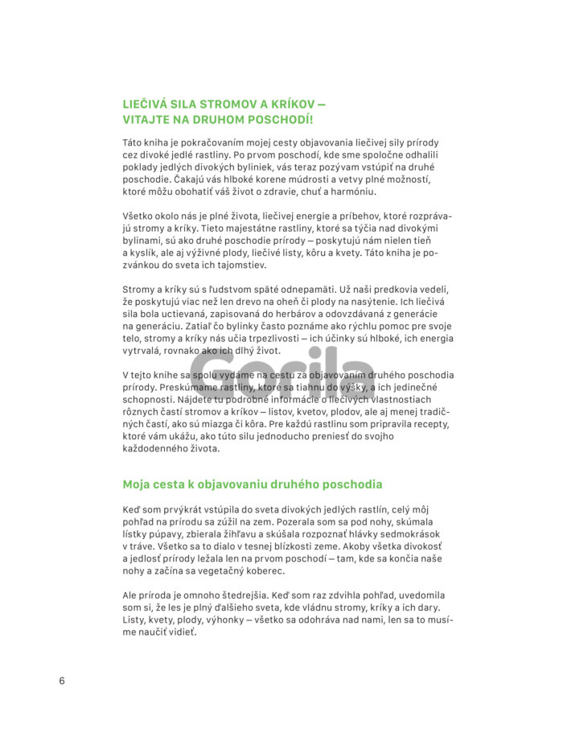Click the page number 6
(x=62, y=681)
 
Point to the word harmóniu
(x=348, y=191)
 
